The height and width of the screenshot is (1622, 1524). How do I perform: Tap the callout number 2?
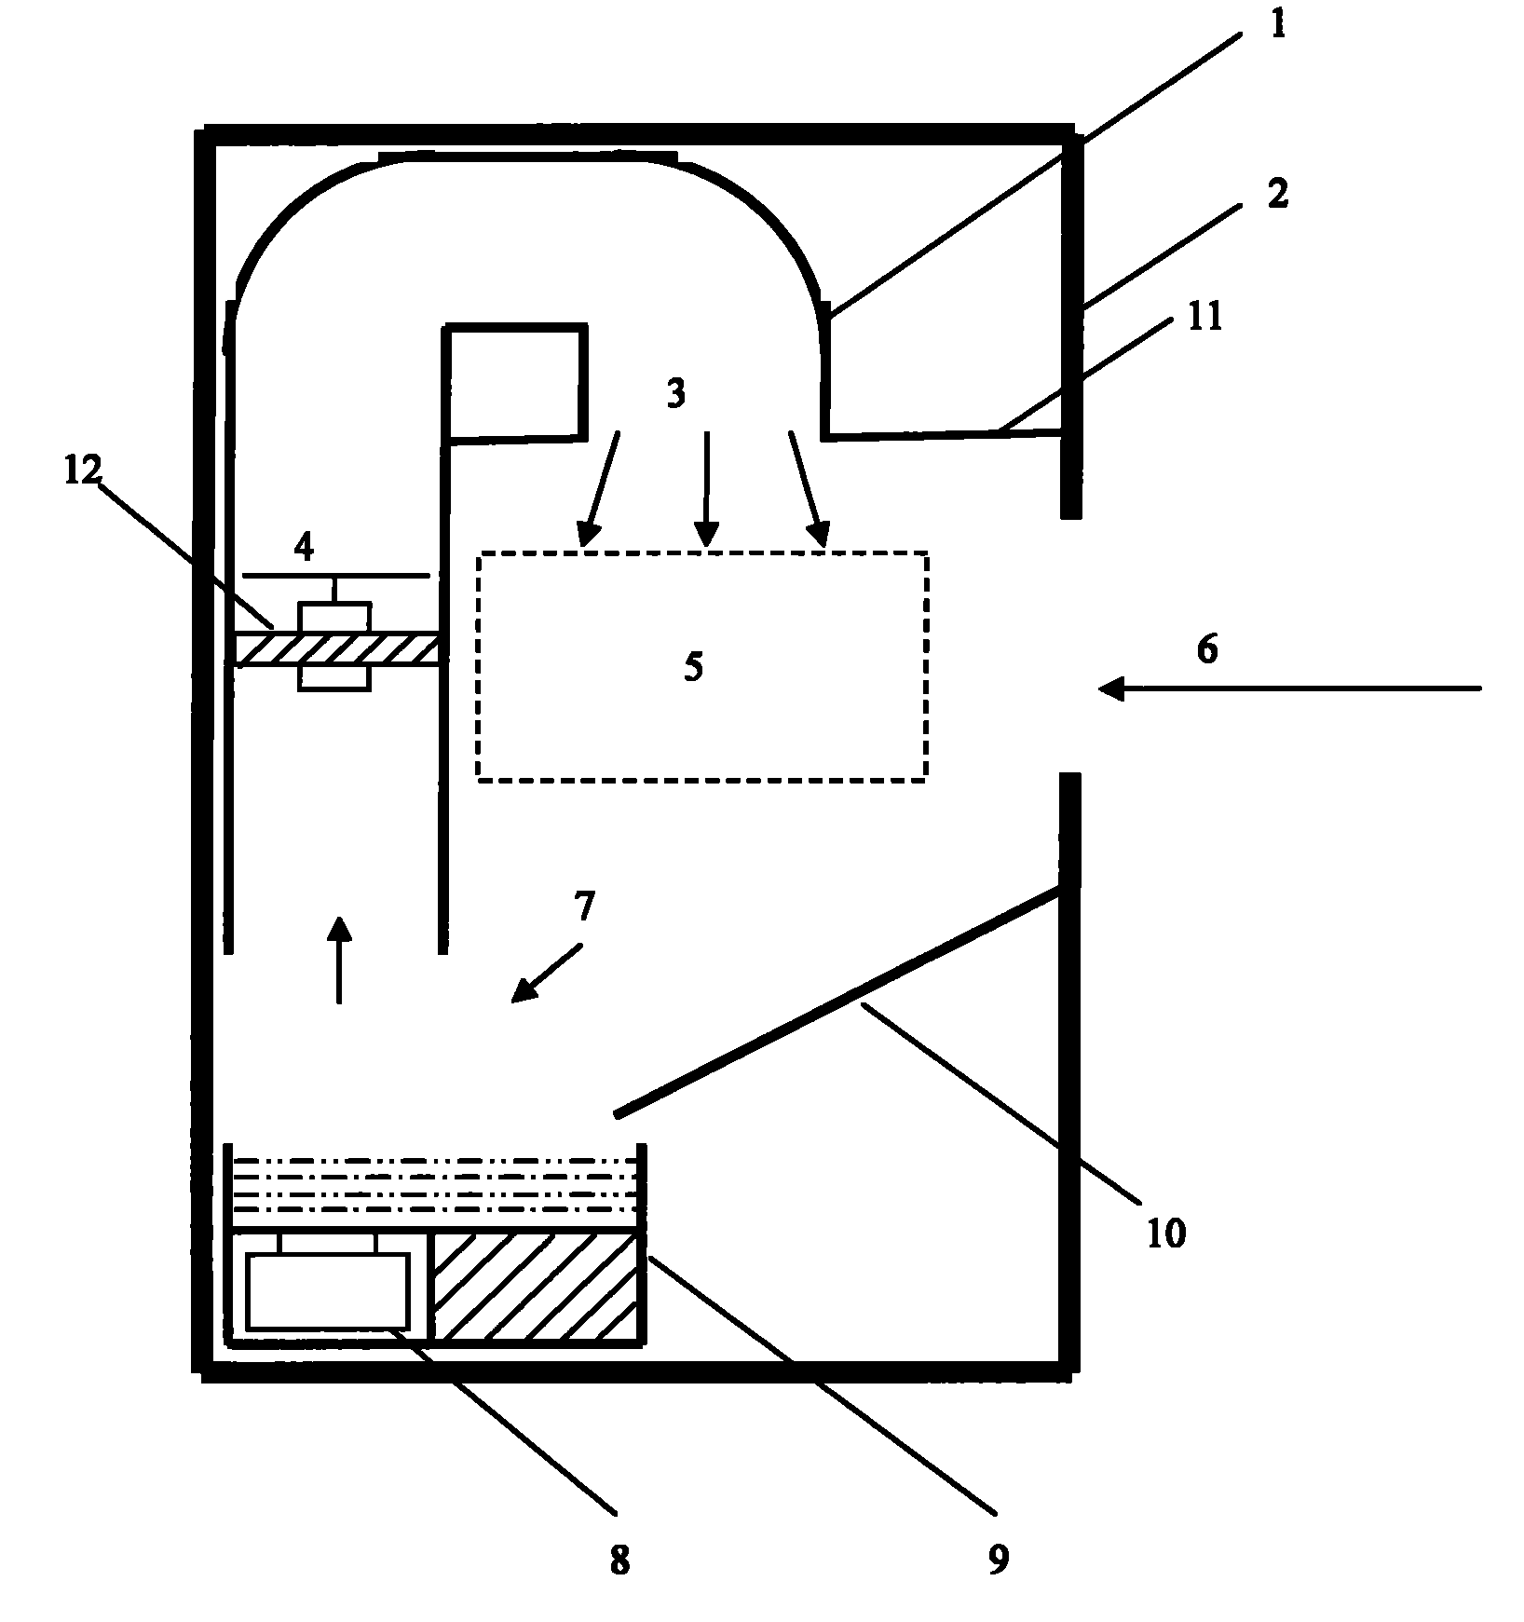(1277, 194)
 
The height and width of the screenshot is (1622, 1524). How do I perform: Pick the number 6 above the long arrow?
(1206, 648)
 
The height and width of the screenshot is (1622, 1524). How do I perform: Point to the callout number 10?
(1165, 1233)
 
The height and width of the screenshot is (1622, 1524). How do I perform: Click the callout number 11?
(1204, 317)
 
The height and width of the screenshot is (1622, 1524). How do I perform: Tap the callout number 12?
(81, 470)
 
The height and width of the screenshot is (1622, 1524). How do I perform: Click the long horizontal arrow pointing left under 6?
(1289, 689)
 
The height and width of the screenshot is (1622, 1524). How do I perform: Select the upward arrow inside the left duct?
(339, 960)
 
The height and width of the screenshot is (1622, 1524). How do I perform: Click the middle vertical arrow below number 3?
(707, 488)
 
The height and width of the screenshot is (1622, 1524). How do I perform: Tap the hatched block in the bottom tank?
(536, 1288)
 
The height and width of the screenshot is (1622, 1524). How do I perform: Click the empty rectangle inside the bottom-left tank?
(328, 1291)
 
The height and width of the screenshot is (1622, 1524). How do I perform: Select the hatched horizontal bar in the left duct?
(336, 649)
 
